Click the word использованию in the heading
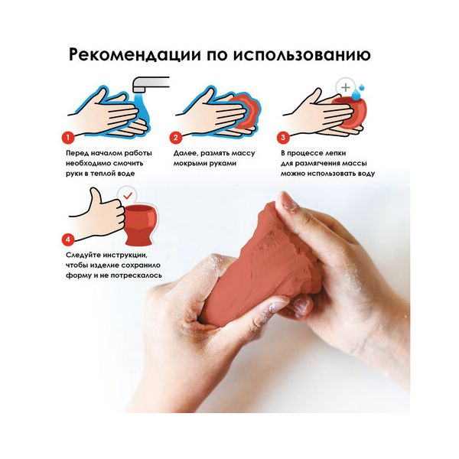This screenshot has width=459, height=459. tap(302, 55)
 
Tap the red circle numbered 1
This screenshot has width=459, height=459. tap(68, 137)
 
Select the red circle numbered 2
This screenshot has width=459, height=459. tap(176, 137)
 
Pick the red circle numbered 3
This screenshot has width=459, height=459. tap(283, 137)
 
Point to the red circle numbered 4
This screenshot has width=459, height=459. tap(68, 239)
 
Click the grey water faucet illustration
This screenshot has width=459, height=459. tap(150, 84)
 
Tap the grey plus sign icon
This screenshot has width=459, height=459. tap(346, 87)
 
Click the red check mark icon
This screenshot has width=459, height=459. tap(128, 195)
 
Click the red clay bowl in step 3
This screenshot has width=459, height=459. tap(349, 112)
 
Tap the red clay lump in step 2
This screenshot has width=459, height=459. tap(246, 112)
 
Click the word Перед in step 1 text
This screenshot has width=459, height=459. tap(76, 154)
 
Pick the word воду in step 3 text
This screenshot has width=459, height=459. tap(366, 174)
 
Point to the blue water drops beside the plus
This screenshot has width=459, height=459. tap(358, 93)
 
